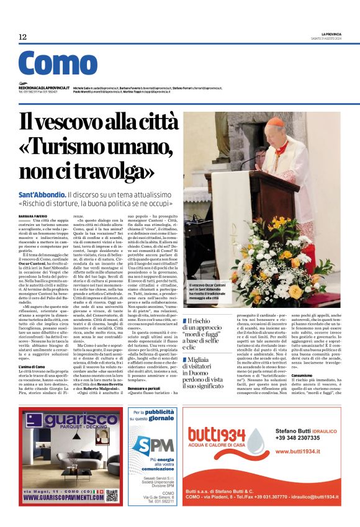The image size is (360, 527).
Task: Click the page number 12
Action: (x=22, y=37)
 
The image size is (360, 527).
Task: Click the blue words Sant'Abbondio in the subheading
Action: (x=42, y=194)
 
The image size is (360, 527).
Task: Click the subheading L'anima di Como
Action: (x=32, y=367)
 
